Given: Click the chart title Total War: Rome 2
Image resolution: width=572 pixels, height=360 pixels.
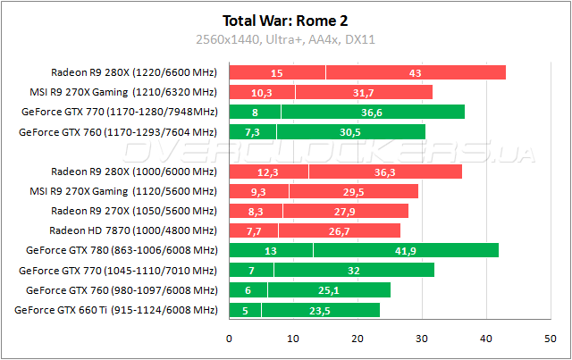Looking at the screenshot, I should pyautogui.click(x=285, y=21).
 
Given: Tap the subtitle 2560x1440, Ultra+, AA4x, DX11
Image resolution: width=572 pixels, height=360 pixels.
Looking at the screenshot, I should pyautogui.click(x=285, y=39).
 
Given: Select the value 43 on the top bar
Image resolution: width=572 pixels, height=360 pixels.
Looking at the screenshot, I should pyautogui.click(x=416, y=73).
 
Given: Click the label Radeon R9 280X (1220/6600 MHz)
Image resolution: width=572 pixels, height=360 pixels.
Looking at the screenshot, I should pyautogui.click(x=133, y=73).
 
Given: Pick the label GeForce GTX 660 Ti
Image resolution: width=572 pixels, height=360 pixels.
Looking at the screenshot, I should pyautogui.click(x=116, y=310).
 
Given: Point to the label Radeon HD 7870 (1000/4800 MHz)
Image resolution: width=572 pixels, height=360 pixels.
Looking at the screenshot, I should pyautogui.click(x=141, y=230).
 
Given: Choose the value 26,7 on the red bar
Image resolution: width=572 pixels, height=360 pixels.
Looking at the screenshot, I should pyautogui.click(x=343, y=231).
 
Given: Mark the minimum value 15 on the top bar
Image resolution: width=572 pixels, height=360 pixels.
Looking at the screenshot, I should pyautogui.click(x=277, y=73).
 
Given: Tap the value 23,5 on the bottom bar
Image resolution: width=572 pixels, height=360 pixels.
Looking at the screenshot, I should pyautogui.click(x=320, y=310).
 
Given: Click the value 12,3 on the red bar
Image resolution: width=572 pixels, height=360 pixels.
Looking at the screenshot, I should pyautogui.click(x=268, y=172).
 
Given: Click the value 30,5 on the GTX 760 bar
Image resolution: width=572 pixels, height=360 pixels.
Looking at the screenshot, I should pyautogui.click(x=351, y=132).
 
